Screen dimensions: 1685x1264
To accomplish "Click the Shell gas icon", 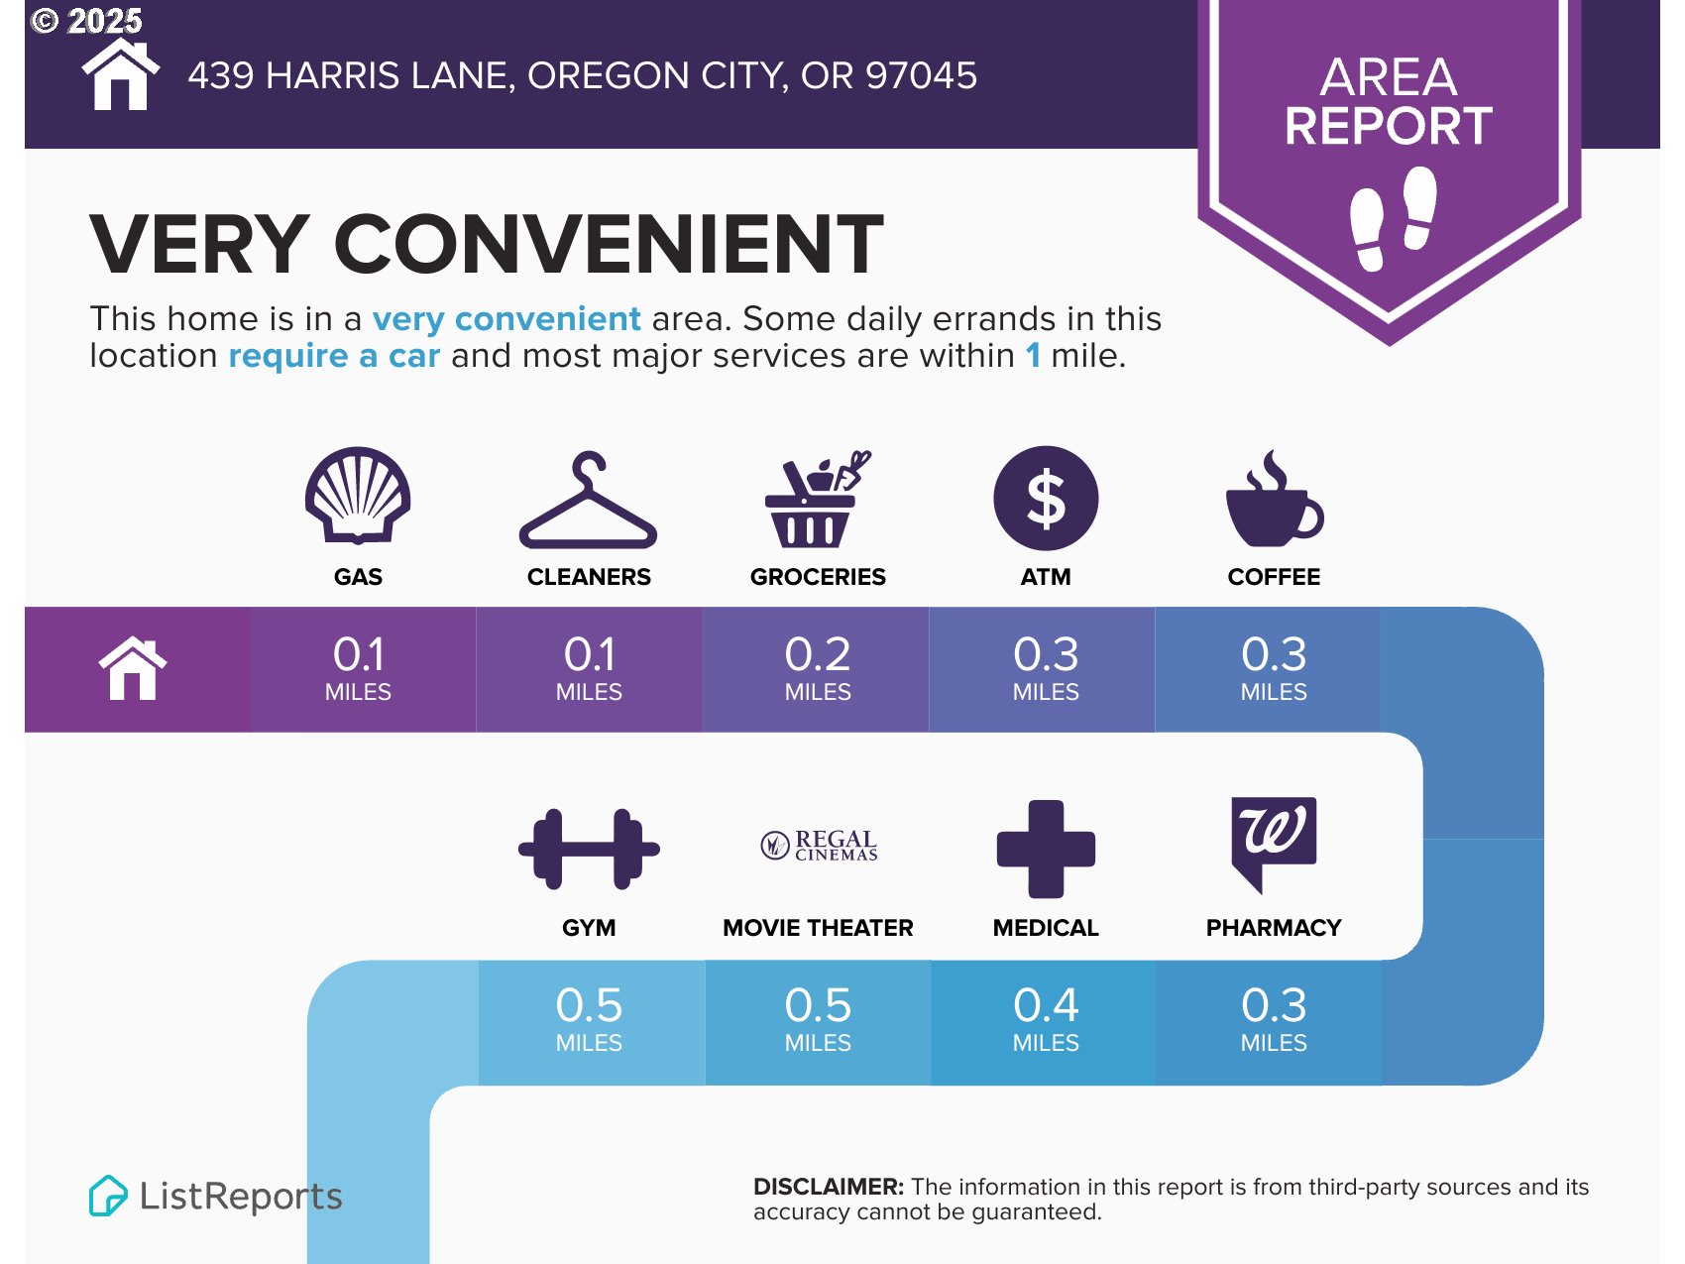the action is [358, 495].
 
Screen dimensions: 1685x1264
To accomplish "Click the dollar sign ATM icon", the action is [1046, 498].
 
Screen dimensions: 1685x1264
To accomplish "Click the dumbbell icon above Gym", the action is [589, 849].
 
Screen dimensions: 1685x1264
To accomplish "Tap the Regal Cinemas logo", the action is [819, 846].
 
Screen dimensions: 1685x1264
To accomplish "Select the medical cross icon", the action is [1046, 849].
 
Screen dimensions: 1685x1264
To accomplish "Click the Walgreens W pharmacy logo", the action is [1274, 838].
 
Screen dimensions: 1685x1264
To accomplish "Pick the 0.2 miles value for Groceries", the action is [818, 667].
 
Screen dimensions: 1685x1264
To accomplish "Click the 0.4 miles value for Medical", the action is [1046, 1018].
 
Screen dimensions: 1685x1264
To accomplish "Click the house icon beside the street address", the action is [120, 74].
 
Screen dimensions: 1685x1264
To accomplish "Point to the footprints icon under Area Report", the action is [1393, 218].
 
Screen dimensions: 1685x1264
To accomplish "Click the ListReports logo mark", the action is [108, 1196].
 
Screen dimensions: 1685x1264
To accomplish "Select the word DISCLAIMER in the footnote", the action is [829, 1187].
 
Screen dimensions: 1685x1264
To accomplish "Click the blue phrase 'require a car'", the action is [334, 355].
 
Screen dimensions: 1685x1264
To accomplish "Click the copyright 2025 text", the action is [87, 21].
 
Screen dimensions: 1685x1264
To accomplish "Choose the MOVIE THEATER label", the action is [818, 928].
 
